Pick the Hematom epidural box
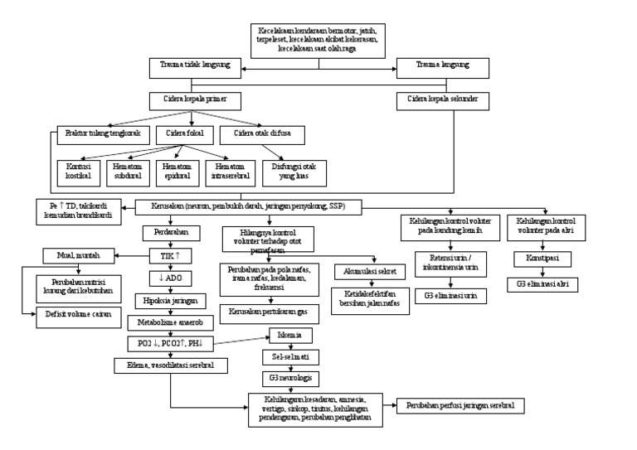point(175,171)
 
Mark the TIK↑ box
point(169,256)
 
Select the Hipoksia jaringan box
point(169,299)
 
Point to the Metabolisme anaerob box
point(169,320)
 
